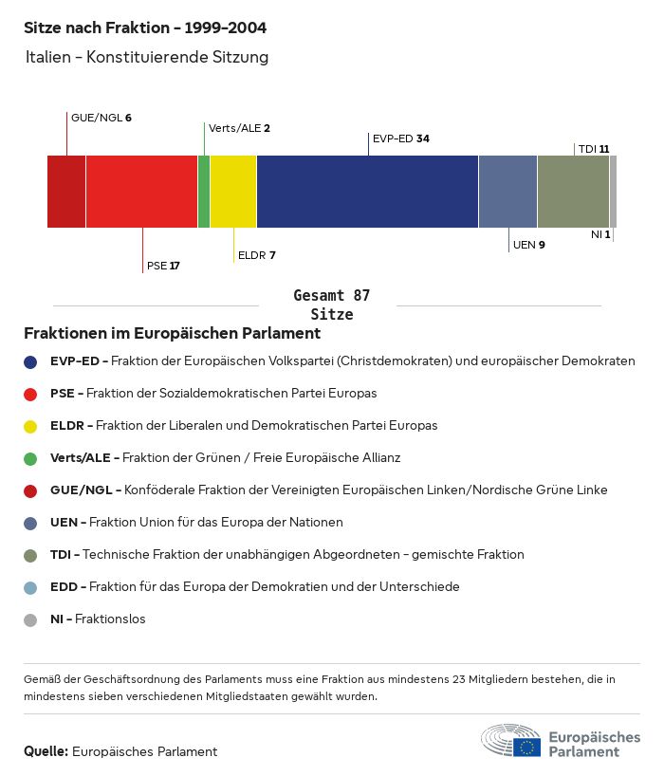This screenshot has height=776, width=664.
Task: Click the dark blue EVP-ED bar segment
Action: click(x=367, y=192)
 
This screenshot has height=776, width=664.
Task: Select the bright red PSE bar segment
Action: click(x=141, y=192)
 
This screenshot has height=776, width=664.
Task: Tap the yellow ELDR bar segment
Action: click(x=232, y=192)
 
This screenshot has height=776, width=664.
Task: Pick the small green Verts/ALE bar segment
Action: click(x=204, y=192)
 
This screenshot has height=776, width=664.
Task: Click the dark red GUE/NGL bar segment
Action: click(x=66, y=192)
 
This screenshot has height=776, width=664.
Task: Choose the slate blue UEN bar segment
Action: click(x=507, y=192)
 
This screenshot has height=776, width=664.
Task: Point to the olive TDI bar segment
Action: click(x=573, y=192)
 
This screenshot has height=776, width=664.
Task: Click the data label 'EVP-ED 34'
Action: click(x=400, y=139)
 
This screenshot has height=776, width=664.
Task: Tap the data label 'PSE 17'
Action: click(x=163, y=266)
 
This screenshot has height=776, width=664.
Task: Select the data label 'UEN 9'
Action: click(x=528, y=245)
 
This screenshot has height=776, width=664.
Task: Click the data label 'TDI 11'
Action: click(x=593, y=149)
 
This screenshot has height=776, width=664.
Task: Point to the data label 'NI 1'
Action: click(x=600, y=234)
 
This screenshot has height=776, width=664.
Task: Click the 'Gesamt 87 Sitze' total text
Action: click(x=331, y=305)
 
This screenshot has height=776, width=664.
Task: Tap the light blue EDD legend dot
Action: click(x=30, y=587)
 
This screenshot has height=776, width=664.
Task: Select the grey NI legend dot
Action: click(x=30, y=619)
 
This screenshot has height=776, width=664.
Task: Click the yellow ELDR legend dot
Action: click(x=30, y=426)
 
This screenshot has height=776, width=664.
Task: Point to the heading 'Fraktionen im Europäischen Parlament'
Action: click(x=172, y=334)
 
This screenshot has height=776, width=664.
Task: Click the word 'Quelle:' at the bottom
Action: click(x=46, y=751)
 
